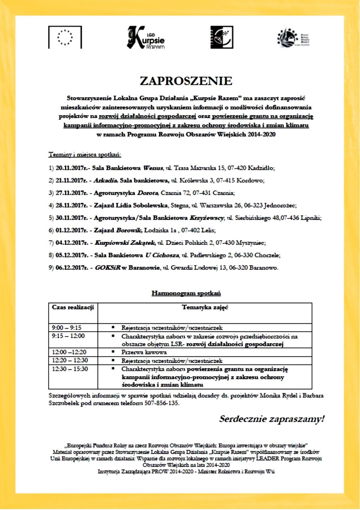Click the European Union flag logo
click(x=65, y=37)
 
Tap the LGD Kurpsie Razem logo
click(x=146, y=37)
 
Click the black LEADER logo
click(x=221, y=37)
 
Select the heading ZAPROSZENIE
click(x=186, y=81)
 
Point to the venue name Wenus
click(x=153, y=168)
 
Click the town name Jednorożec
click(x=280, y=205)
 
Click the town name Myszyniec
click(x=251, y=243)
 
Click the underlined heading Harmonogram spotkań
click(x=186, y=293)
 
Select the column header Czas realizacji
click(x=73, y=307)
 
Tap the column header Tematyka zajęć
click(x=205, y=307)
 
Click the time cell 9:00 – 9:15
click(x=67, y=328)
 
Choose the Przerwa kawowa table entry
click(x=144, y=352)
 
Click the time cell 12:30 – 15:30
click(x=70, y=369)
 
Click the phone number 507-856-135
click(x=162, y=403)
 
